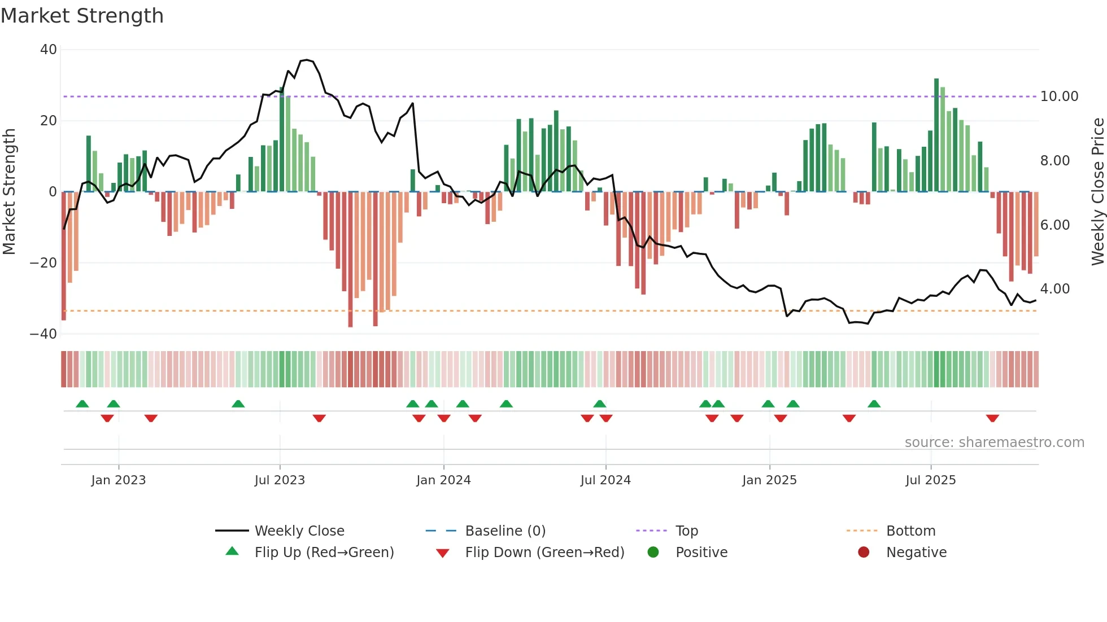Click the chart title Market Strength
click(x=82, y=16)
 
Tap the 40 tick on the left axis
click(x=49, y=50)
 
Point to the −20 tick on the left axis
click(x=43, y=263)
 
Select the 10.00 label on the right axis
click(x=1059, y=97)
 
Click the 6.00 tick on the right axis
click(x=1054, y=225)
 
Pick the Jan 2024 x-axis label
click(x=443, y=480)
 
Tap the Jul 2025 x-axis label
click(x=930, y=480)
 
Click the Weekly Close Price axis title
click(x=1097, y=192)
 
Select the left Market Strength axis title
click(x=10, y=192)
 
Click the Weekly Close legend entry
click(x=299, y=531)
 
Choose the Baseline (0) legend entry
click(x=505, y=531)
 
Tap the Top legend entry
click(x=686, y=531)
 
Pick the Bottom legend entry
click(x=910, y=531)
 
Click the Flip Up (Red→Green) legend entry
click(x=324, y=553)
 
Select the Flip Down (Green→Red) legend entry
click(x=544, y=553)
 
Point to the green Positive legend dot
click(x=653, y=553)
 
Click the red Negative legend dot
click(x=863, y=553)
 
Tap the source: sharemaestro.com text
click(x=994, y=443)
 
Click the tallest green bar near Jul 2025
click(x=936, y=135)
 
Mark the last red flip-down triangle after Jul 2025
click(x=992, y=418)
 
